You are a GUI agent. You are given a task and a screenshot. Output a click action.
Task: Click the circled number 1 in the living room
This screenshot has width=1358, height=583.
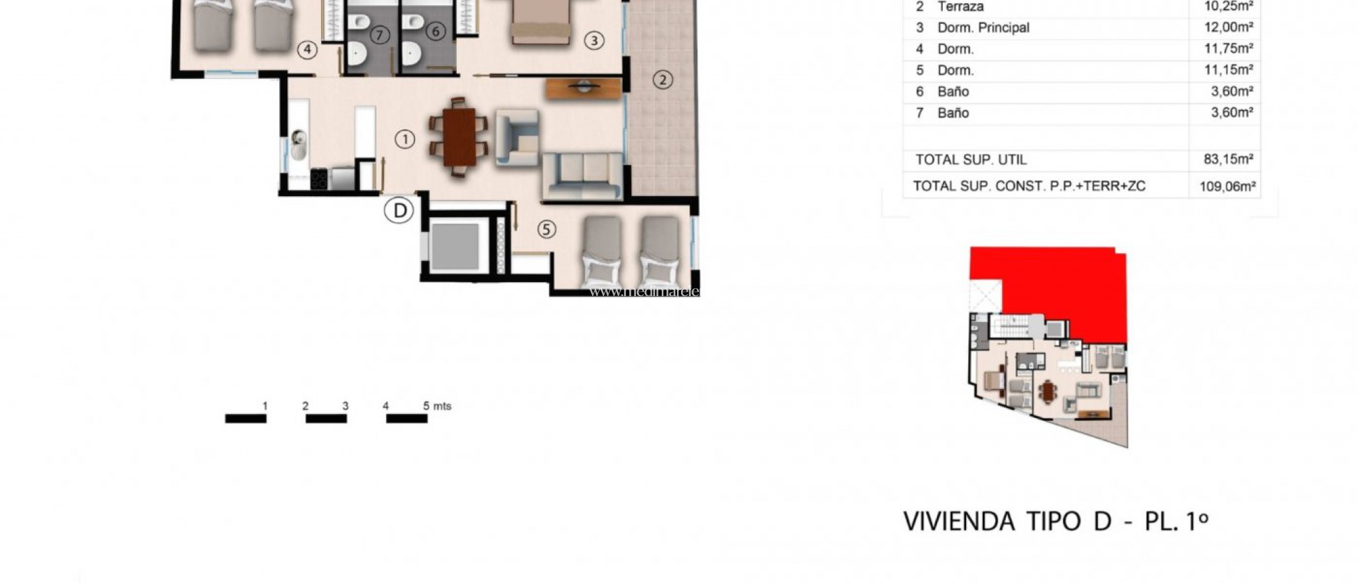[x=404, y=139]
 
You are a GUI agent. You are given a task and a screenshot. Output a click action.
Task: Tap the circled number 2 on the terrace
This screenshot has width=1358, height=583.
[x=662, y=80]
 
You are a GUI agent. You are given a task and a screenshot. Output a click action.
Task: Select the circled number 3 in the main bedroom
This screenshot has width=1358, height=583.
[x=593, y=41]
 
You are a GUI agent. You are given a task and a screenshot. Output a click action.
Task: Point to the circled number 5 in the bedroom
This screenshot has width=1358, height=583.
[x=546, y=230]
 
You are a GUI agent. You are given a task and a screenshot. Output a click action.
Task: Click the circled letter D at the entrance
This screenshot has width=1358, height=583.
[x=399, y=211]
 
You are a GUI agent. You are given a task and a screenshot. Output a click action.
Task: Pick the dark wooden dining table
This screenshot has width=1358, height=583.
[x=459, y=137]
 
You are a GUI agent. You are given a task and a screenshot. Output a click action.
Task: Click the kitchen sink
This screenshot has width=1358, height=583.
[x=298, y=144]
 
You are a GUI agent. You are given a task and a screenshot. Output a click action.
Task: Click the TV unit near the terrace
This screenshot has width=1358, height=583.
[x=583, y=88]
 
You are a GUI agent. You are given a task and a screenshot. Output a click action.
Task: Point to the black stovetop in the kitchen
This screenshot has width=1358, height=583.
[x=319, y=179]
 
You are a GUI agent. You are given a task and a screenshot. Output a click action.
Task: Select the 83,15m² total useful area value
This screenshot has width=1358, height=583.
[x=1228, y=159]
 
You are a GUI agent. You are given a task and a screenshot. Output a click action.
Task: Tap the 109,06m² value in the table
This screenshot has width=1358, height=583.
[x=1227, y=186]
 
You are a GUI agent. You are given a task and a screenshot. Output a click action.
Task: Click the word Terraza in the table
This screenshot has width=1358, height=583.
[x=960, y=7]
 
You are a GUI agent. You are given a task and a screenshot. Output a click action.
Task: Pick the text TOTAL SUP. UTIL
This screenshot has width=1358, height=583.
[x=971, y=160]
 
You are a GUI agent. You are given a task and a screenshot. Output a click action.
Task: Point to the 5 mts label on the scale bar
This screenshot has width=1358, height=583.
[x=437, y=406]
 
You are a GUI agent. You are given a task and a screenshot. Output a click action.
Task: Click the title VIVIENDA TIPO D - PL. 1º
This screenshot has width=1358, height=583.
[x=1056, y=521]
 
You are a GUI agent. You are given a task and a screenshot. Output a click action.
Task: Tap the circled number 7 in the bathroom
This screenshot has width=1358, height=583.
[x=379, y=35]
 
